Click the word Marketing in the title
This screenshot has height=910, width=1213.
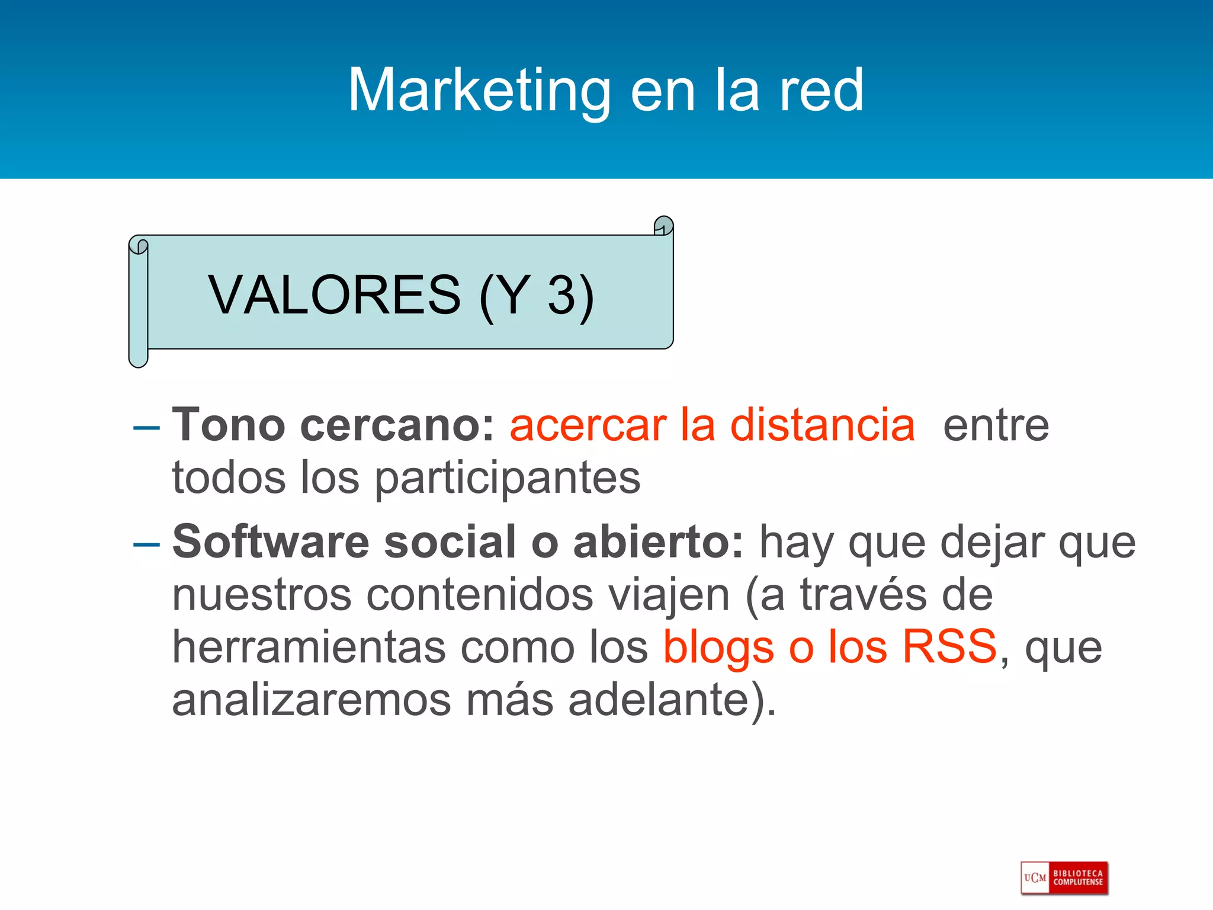point(479,90)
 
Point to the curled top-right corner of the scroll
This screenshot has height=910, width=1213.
point(663,226)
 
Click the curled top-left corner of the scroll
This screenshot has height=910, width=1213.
point(139,245)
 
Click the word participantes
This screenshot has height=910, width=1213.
point(508,478)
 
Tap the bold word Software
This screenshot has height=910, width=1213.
point(271,541)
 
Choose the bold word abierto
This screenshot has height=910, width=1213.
point(658,541)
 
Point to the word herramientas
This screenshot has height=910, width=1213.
point(309,647)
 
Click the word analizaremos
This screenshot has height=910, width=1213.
point(312,700)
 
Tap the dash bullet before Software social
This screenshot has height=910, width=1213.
point(147,544)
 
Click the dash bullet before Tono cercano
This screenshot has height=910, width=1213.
point(147,427)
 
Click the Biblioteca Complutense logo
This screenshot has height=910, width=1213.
point(1064,877)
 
